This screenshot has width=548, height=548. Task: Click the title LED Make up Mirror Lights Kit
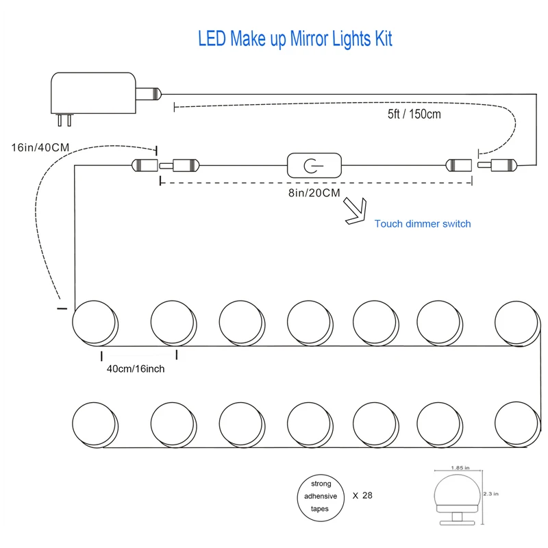295,39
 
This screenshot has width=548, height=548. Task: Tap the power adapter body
93,93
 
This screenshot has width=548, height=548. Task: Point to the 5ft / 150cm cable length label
414,114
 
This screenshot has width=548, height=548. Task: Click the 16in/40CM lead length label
40,147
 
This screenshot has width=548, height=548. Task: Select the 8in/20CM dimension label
314,193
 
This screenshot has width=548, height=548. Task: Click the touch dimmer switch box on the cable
314,165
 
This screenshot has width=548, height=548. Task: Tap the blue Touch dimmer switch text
423,224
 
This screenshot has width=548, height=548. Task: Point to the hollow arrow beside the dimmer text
356,211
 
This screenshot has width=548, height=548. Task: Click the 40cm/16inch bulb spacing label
136,369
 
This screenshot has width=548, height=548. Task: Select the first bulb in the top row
95,323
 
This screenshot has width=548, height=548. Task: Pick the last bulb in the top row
518,323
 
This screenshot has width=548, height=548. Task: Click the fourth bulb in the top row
310,323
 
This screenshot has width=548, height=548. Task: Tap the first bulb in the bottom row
95,425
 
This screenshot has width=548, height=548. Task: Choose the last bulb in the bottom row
518,425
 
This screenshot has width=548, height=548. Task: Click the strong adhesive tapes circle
321,498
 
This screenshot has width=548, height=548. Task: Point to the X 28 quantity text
362,495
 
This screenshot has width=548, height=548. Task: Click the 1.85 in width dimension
460,468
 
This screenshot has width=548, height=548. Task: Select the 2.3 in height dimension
491,494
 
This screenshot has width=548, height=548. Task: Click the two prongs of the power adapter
64,120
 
